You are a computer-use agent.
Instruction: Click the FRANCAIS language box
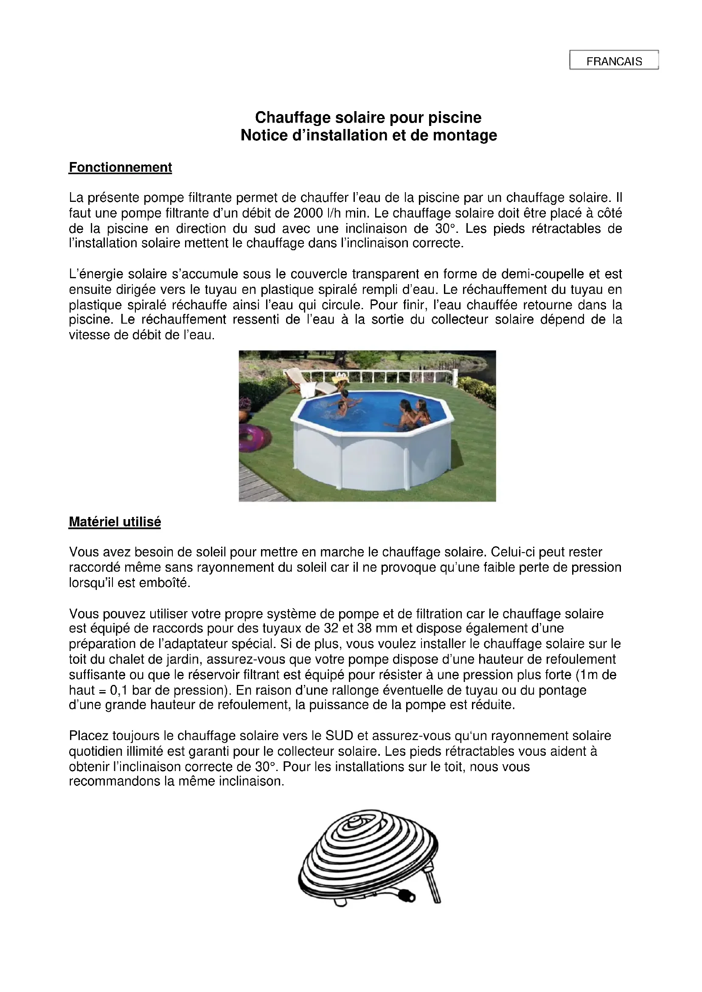pos(614,61)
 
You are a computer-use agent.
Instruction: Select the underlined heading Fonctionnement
pos(120,168)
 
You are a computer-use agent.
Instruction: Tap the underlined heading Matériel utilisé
pos(115,522)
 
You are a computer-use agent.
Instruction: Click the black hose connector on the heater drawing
pos(408,907)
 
